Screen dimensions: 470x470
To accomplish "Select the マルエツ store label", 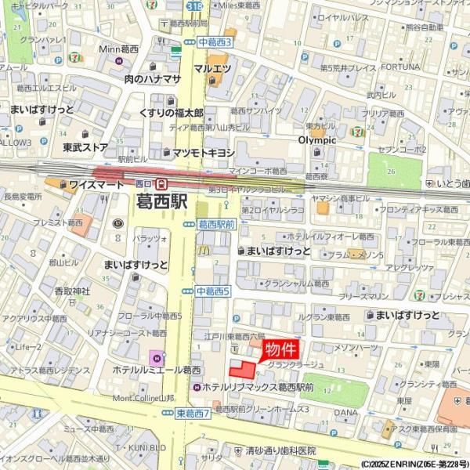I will [x=211, y=69].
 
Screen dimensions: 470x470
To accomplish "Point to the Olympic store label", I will [x=316, y=140].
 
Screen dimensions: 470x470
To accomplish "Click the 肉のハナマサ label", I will [x=152, y=78].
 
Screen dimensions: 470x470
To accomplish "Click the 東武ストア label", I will [x=85, y=146].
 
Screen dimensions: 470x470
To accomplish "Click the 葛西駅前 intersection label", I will [x=216, y=223].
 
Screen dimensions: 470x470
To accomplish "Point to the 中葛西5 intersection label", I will [x=213, y=291].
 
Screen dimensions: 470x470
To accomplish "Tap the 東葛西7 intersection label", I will [x=193, y=413].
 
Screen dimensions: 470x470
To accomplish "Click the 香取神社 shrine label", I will [x=72, y=291].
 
